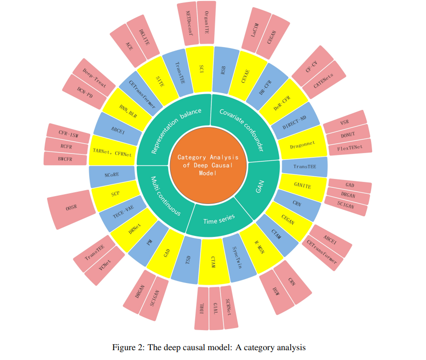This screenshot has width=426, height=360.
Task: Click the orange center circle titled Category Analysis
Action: [208, 165]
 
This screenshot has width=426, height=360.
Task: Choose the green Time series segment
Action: [219, 219]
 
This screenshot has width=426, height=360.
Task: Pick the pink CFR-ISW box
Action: [69, 132]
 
